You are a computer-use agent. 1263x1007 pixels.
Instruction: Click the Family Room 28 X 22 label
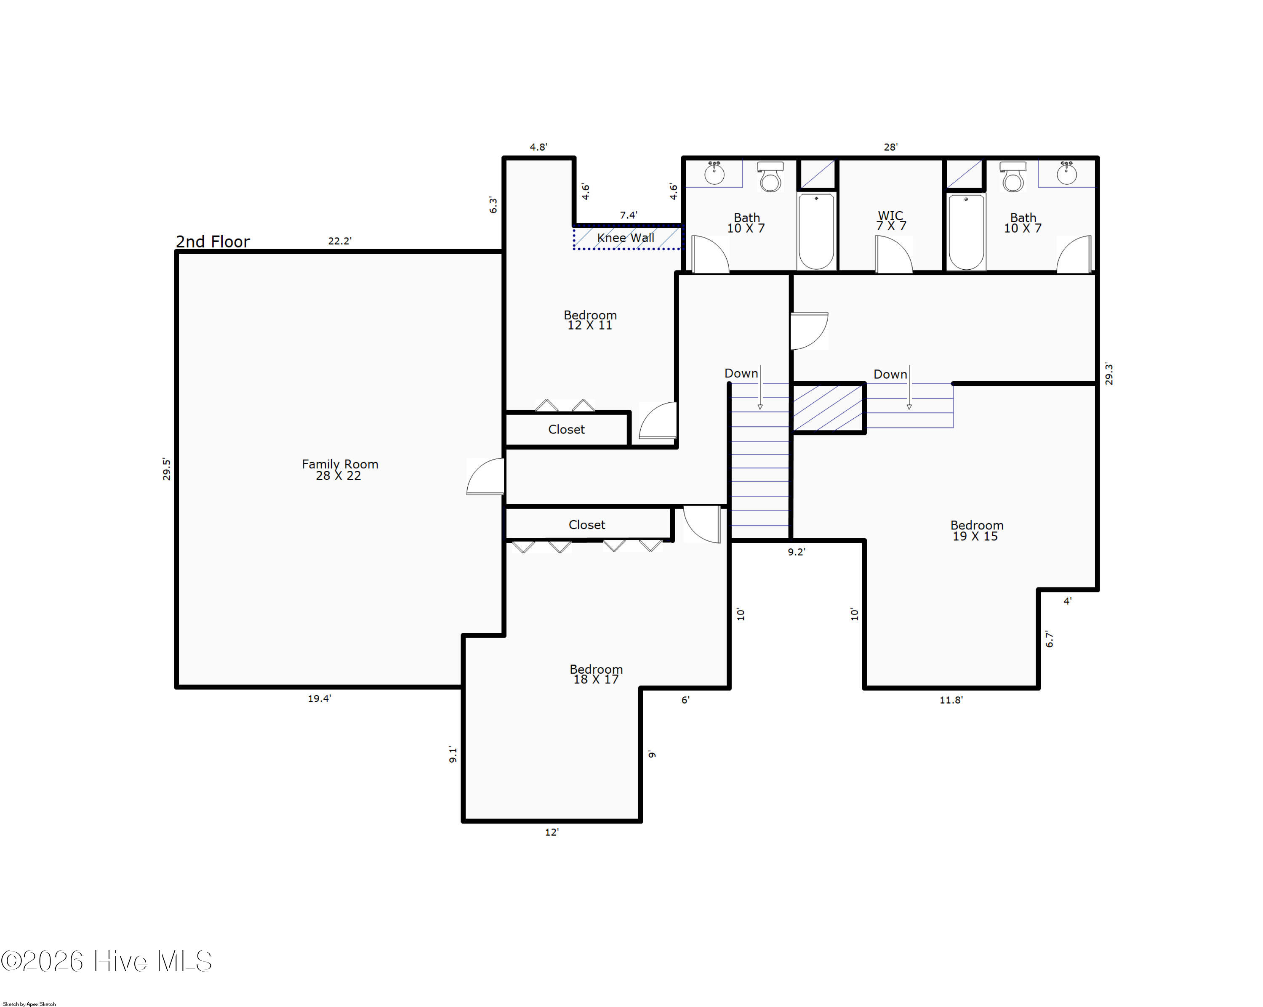click(x=340, y=470)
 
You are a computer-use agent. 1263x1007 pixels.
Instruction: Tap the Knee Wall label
click(x=626, y=238)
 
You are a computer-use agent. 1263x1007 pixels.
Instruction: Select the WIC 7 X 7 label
click(x=891, y=221)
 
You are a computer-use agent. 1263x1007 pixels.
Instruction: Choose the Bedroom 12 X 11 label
click(x=590, y=320)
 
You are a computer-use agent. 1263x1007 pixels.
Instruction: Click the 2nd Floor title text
click(x=213, y=241)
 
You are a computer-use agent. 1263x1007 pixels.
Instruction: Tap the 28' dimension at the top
click(x=890, y=147)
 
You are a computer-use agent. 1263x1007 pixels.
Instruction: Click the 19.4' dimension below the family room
click(x=319, y=699)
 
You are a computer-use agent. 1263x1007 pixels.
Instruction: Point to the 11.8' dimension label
click(x=951, y=700)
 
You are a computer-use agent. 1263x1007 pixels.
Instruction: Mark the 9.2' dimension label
click(x=796, y=552)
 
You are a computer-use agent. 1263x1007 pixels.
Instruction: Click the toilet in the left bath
click(x=770, y=177)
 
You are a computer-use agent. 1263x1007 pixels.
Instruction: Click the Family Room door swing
click(x=486, y=476)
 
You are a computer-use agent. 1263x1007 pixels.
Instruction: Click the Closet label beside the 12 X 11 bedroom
click(x=567, y=429)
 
